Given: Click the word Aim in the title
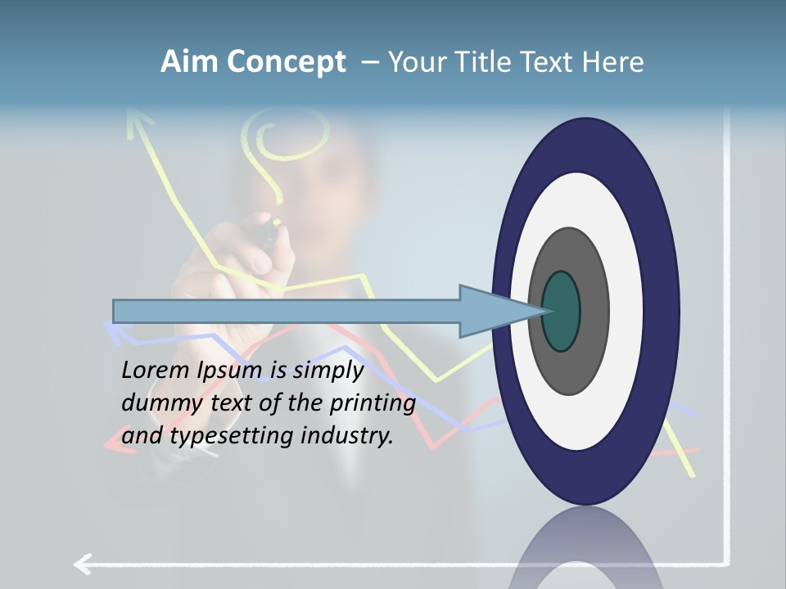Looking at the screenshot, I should (189, 62).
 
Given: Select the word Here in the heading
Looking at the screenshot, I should (613, 62).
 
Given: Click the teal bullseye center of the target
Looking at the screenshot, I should (561, 312).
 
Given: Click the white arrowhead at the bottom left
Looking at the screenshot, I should (82, 564).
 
